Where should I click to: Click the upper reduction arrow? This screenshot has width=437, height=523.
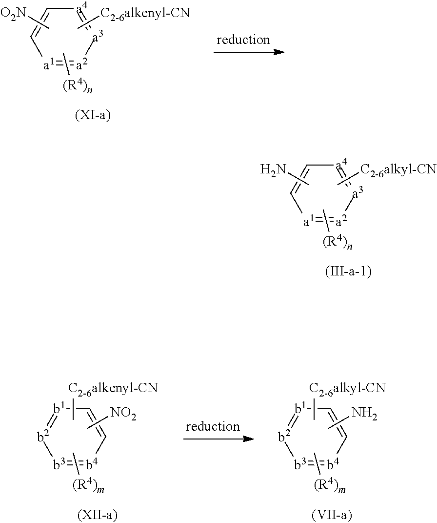(x=249, y=51)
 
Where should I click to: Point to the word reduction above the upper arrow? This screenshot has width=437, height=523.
(x=243, y=40)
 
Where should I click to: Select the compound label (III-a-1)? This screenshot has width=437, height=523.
(x=348, y=272)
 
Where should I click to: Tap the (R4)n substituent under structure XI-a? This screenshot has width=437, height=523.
(x=80, y=86)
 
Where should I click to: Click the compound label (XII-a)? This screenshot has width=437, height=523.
(x=97, y=514)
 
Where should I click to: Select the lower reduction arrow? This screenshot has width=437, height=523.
(x=218, y=439)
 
